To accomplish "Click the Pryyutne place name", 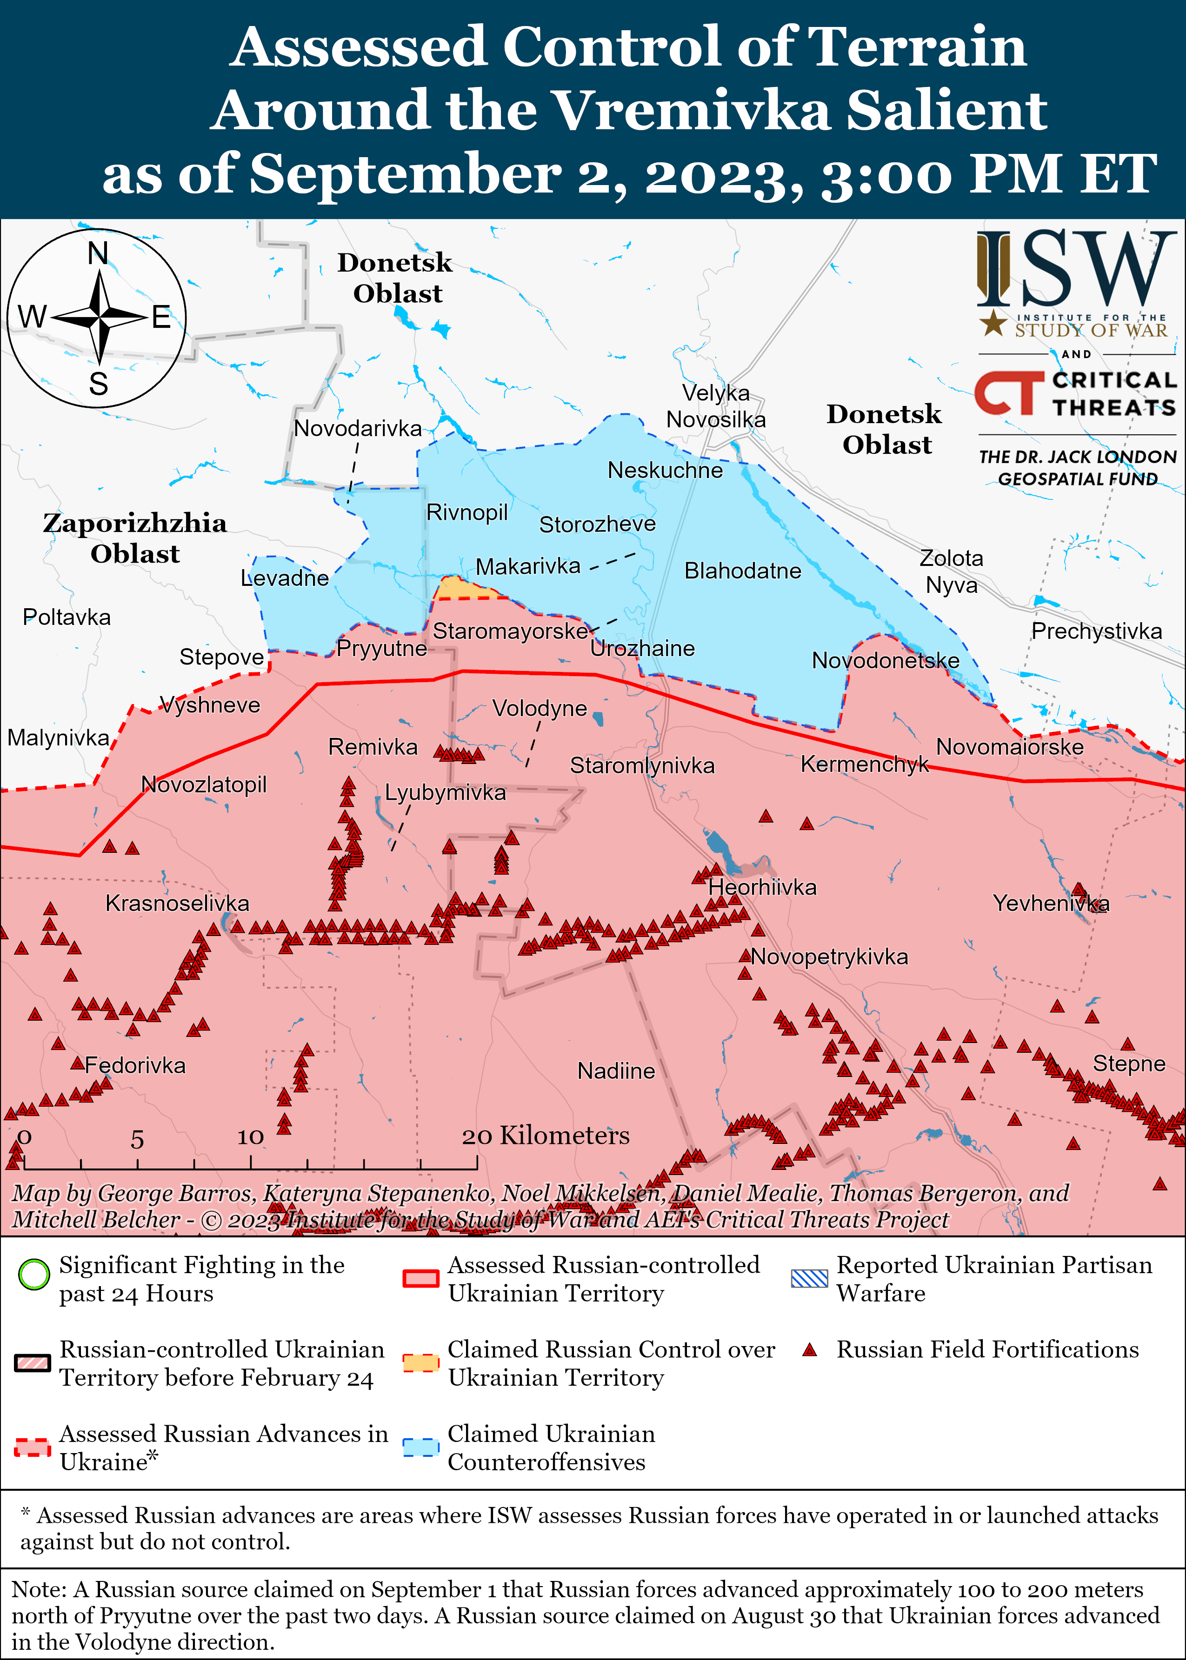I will (x=381, y=648).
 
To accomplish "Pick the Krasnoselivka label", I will (x=178, y=903).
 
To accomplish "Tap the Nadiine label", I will (x=616, y=1071).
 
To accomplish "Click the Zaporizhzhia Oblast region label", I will (x=134, y=538).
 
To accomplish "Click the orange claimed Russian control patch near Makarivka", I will (x=459, y=588).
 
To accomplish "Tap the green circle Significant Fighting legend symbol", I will (x=33, y=1274).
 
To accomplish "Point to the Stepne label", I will (x=1128, y=1063).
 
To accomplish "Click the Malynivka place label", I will (x=59, y=737).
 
